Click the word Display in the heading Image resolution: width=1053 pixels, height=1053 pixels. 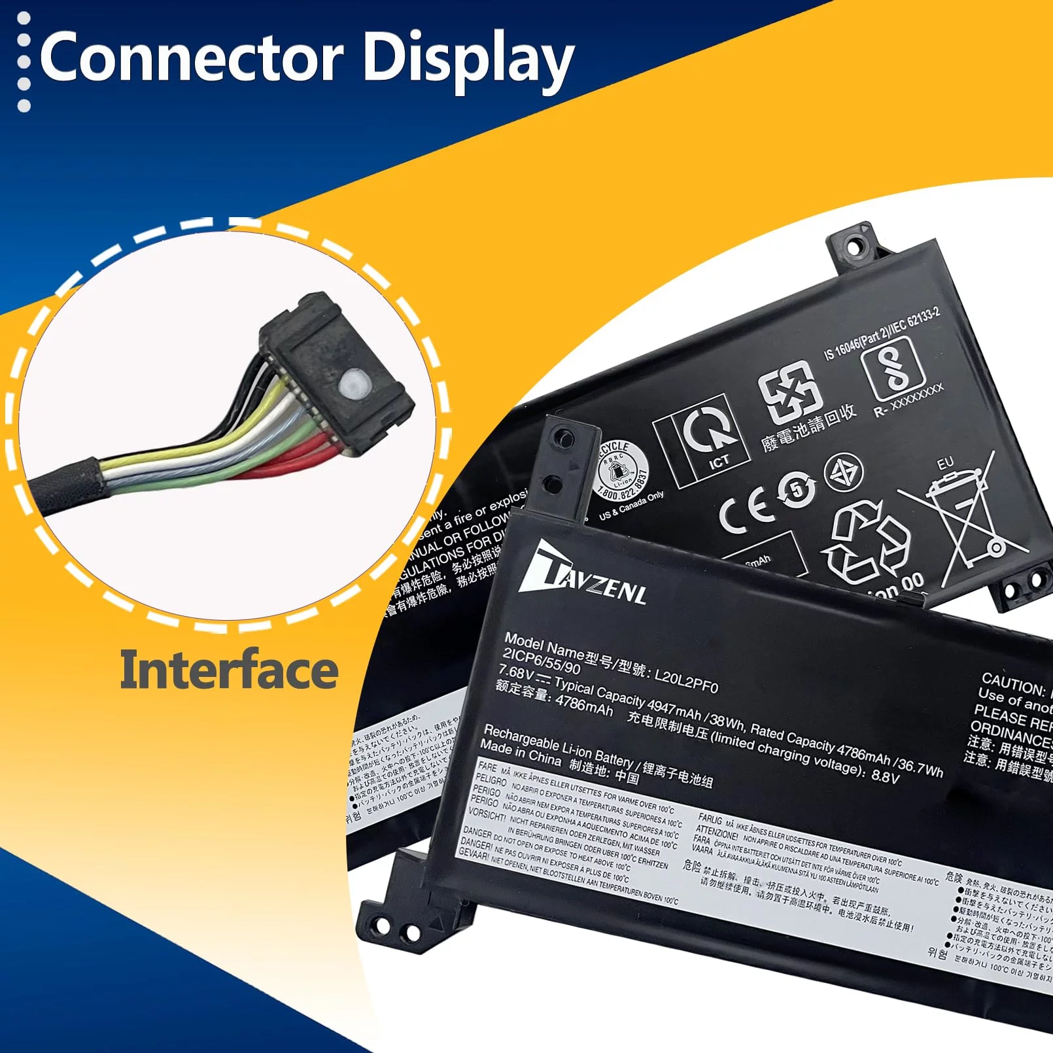point(467,60)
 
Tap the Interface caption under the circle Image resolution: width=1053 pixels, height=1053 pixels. point(229,670)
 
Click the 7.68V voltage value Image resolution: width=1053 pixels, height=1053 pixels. point(516,672)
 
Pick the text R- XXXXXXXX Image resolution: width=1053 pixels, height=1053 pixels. point(909,399)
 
